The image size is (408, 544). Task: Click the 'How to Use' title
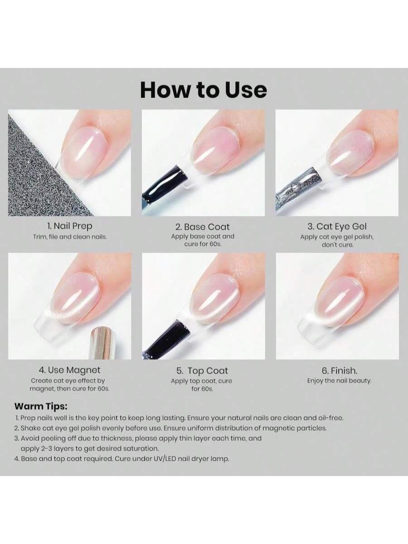tap(204, 90)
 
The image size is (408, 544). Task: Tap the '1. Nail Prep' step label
tap(70, 226)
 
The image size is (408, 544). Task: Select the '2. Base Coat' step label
tap(202, 227)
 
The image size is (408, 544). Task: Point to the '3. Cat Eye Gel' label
tap(337, 226)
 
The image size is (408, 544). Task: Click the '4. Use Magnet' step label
tap(70, 370)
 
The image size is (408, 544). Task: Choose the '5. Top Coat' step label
tap(202, 371)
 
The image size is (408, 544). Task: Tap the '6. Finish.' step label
tap(340, 371)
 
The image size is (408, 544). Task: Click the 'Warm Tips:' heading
tap(41, 407)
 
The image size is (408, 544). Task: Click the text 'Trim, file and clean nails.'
tap(70, 237)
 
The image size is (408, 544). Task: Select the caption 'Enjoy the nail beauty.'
tap(340, 381)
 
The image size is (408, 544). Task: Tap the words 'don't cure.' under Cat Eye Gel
tap(337, 245)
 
